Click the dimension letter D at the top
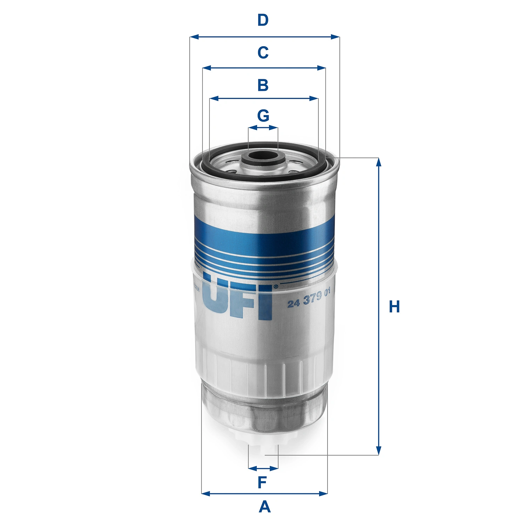[263, 20]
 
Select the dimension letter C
[263, 53]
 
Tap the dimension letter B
[263, 85]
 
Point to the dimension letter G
[263, 115]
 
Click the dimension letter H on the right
[394, 307]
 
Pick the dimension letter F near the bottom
[262, 483]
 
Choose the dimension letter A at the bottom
[265, 507]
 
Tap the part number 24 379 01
[309, 298]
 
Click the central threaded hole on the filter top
[263, 155]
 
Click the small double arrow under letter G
[263, 128]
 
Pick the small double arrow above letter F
[263, 468]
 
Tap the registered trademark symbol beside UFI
[275, 287]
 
